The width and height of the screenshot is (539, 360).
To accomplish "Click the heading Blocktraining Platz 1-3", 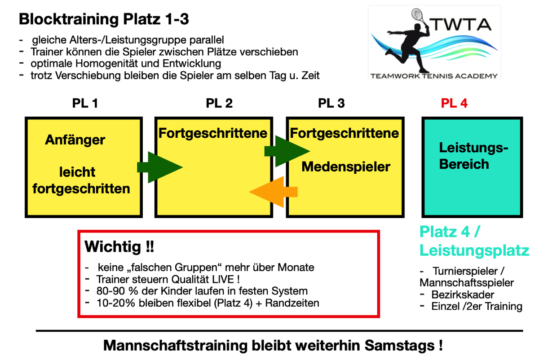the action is click(104, 19).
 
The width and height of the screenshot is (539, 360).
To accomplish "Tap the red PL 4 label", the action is click(454, 103).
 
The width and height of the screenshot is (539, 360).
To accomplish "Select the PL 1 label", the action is click(85, 103).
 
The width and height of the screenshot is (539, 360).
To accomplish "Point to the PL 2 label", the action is click(219, 103).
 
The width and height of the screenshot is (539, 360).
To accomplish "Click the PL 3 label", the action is click(331, 103).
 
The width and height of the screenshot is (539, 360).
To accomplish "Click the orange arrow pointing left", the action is click(274, 192).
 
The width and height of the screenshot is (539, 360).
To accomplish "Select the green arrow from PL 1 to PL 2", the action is click(160, 167).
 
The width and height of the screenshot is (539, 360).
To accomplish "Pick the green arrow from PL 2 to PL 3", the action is click(287, 151).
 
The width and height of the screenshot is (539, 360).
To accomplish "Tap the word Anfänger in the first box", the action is click(75, 140).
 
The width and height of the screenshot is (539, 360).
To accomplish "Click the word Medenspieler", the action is click(346, 167).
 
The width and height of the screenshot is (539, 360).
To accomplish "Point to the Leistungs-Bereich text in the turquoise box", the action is click(473, 156).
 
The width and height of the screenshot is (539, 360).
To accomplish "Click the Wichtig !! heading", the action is click(119, 247).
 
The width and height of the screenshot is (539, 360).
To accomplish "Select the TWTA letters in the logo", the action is click(461, 24).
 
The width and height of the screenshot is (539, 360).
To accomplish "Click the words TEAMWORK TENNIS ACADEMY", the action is click(434, 76).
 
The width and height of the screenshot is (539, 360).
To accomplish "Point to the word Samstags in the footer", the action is click(399, 346).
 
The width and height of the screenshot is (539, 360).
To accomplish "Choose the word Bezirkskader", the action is click(463, 294).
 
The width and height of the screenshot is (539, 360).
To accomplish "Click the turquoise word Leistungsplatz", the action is click(474, 250).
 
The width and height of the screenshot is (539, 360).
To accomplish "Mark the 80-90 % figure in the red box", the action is click(117, 291).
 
